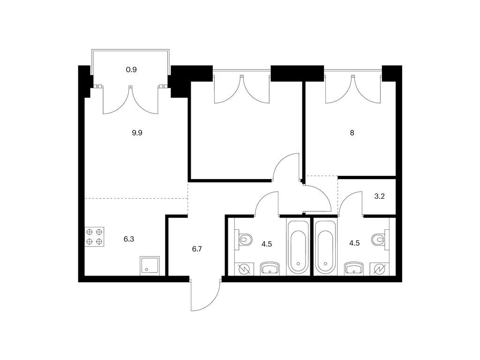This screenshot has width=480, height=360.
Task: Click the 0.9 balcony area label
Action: pyautogui.click(x=131, y=70)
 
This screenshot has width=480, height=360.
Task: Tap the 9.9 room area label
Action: pyautogui.click(x=137, y=133)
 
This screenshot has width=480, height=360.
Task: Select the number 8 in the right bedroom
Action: pyautogui.click(x=352, y=133)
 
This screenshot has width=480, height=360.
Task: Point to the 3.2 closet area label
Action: pyautogui.click(x=379, y=196)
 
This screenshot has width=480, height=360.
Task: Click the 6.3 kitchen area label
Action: pyautogui.click(x=129, y=239)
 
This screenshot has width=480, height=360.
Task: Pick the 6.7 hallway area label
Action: pyautogui.click(x=197, y=249)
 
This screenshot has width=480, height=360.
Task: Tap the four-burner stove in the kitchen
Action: pyautogui.click(x=94, y=237)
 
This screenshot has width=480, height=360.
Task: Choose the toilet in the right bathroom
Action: pyautogui.click(x=380, y=239)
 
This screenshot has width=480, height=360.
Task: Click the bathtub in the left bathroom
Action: pyautogui.click(x=298, y=247)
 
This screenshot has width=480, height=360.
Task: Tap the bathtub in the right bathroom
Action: pyautogui.click(x=325, y=247)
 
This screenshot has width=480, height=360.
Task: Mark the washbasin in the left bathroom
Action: pyautogui.click(x=270, y=269)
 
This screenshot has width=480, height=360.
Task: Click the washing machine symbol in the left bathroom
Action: pyautogui.click(x=244, y=269)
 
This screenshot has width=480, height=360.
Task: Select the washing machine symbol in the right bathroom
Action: pyautogui.click(x=379, y=269)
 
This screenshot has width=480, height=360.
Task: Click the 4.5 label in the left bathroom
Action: pyautogui.click(x=267, y=244)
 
